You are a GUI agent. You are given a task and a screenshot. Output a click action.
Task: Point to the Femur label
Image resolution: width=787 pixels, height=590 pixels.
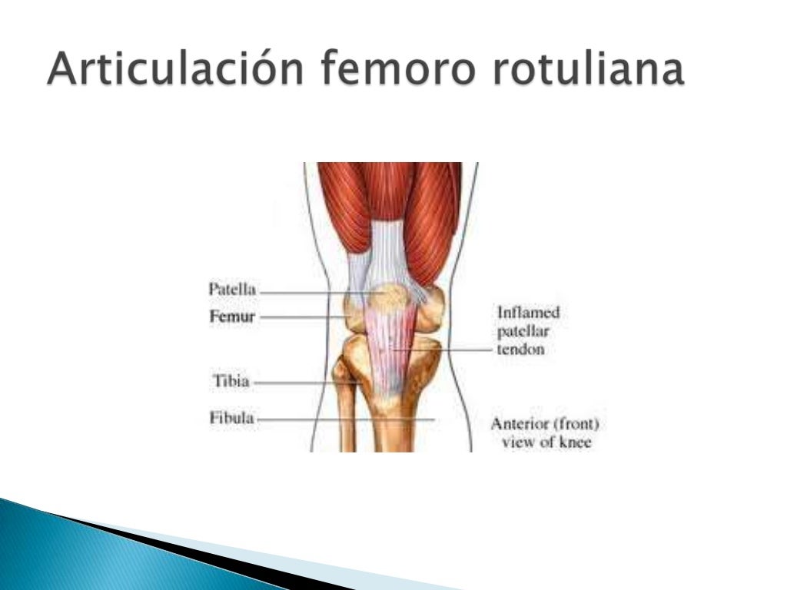coord(233,317)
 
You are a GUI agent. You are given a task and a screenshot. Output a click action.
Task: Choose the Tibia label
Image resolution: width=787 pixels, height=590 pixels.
coord(231,381)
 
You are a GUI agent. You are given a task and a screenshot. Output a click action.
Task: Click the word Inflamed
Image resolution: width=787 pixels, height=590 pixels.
coord(529,313)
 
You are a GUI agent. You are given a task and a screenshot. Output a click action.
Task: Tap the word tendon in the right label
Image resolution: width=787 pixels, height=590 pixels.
coord(521,350)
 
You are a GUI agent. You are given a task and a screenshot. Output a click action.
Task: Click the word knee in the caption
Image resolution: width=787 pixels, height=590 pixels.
coord(576,443)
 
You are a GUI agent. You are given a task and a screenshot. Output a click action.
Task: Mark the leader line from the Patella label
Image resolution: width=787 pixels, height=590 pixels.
coord(307,293)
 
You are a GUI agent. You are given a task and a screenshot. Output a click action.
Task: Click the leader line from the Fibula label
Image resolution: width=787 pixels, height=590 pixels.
coord(346,420)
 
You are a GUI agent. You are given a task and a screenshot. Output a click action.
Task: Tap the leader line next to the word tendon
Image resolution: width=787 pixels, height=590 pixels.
coord(453,350)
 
